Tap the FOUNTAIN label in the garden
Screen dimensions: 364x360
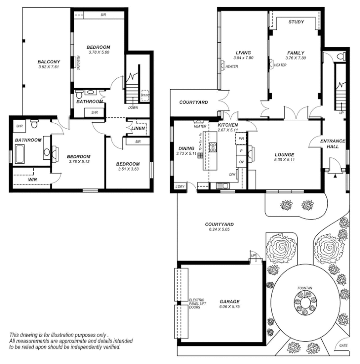304,288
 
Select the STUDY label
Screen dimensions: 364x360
296,22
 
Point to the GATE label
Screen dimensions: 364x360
343,346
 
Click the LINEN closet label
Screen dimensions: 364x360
138,129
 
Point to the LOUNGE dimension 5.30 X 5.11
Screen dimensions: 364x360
284,160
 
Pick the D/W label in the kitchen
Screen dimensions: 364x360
232,174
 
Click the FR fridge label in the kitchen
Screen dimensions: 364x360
242,138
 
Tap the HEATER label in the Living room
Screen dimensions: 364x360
232,66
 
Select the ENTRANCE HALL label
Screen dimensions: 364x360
333,144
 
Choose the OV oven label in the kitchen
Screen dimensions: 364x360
242,162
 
